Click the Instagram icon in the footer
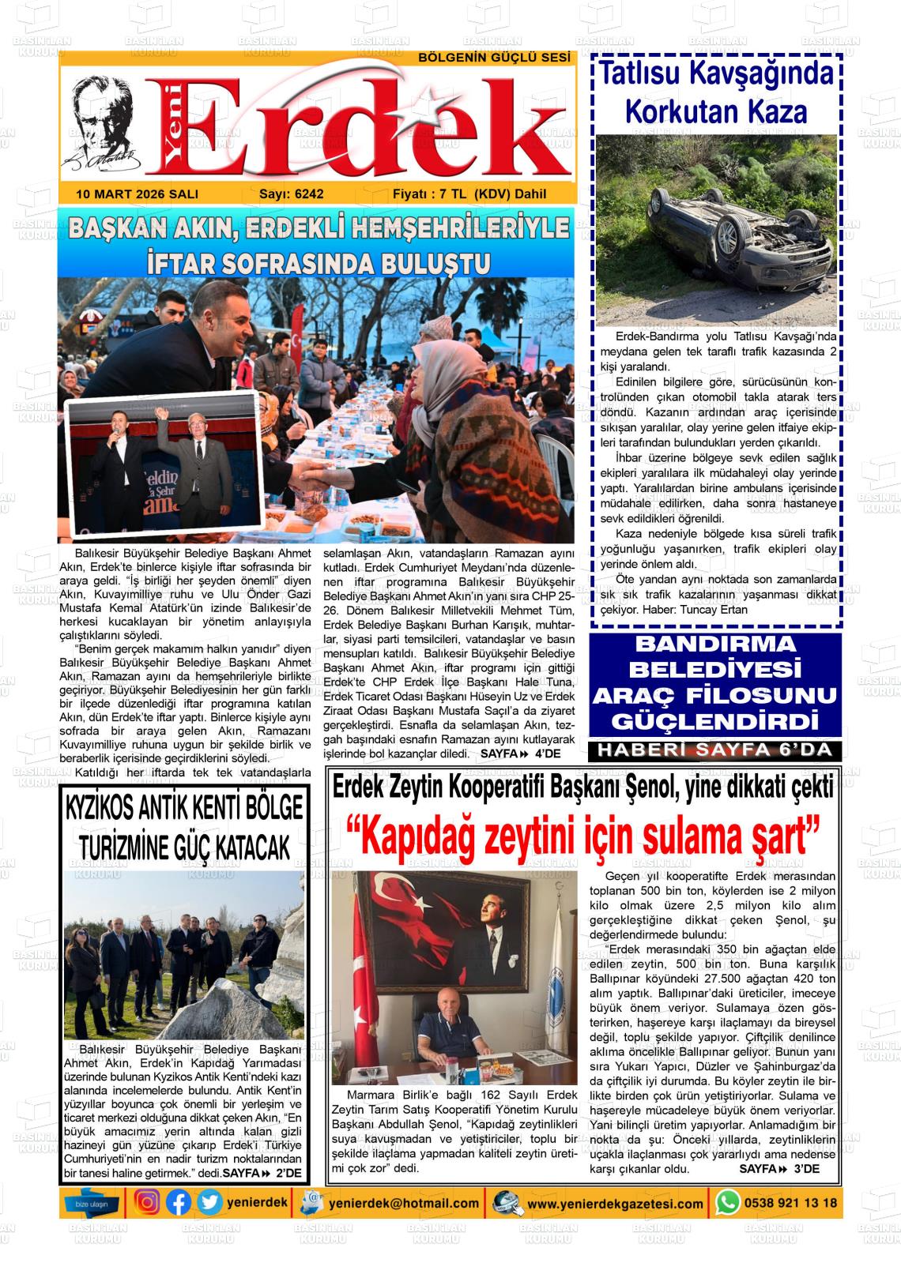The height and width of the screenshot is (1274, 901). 148,1203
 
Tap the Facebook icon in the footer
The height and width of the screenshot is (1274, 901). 179,1203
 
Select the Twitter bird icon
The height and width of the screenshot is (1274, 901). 209,1203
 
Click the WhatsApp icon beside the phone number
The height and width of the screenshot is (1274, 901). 727,1203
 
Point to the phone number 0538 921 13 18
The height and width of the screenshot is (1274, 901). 790,1203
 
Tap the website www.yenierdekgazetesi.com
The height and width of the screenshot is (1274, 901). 615,1204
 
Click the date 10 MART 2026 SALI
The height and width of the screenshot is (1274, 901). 138,194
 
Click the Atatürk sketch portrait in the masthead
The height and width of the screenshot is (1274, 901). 100,126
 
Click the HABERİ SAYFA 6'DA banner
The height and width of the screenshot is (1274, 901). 715,750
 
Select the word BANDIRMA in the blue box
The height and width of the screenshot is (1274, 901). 715,644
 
